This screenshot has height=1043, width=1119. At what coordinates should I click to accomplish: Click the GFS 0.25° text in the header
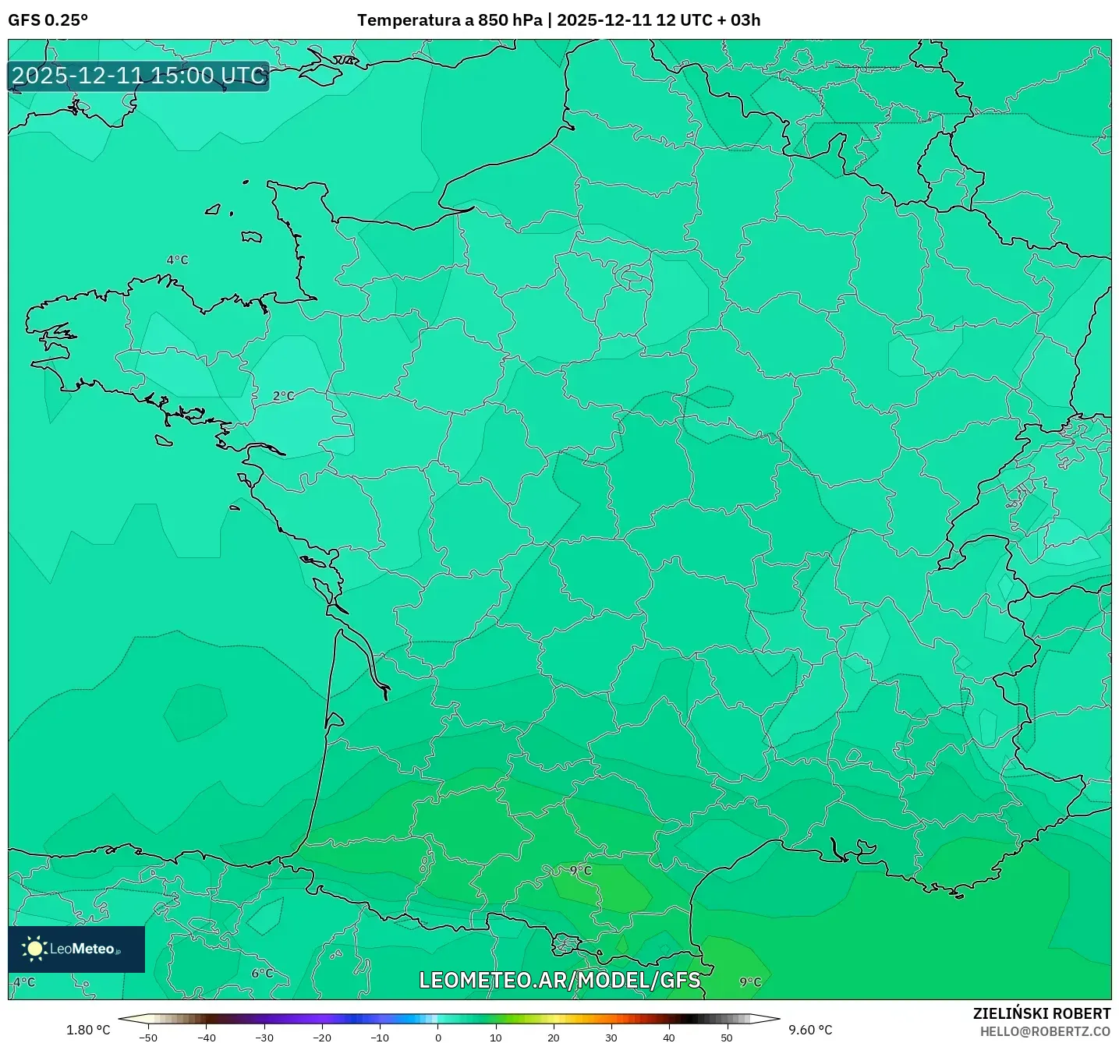tap(48, 20)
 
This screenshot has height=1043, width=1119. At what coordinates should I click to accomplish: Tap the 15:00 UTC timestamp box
tap(139, 76)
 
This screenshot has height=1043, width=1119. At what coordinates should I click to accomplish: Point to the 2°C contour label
tap(284, 396)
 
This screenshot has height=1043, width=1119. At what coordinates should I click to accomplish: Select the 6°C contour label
tap(262, 973)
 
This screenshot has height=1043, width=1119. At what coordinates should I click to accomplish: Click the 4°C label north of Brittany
tap(178, 260)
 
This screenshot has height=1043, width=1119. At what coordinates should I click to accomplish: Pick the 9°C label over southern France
tap(580, 870)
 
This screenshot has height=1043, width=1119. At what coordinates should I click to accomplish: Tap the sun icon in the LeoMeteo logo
tap(34, 949)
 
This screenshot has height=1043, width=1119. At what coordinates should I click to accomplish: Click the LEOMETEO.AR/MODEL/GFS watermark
tap(559, 980)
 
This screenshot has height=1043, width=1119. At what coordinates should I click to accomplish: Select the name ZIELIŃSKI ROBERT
tap(1042, 1013)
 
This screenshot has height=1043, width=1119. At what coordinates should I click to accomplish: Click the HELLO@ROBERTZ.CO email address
tap(1045, 1031)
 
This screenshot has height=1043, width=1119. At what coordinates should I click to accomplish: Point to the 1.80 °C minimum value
tap(88, 1030)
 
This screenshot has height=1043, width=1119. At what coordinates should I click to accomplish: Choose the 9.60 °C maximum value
tap(810, 1030)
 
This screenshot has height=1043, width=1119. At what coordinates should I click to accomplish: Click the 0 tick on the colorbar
tap(437, 1038)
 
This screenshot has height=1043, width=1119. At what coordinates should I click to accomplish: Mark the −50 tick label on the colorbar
tap(147, 1038)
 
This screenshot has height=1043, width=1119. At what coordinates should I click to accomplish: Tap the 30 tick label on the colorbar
tap(611, 1038)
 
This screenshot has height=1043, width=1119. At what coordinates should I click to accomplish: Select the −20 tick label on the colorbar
tap(321, 1038)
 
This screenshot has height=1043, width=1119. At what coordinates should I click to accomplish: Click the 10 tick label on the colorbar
tap(495, 1038)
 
